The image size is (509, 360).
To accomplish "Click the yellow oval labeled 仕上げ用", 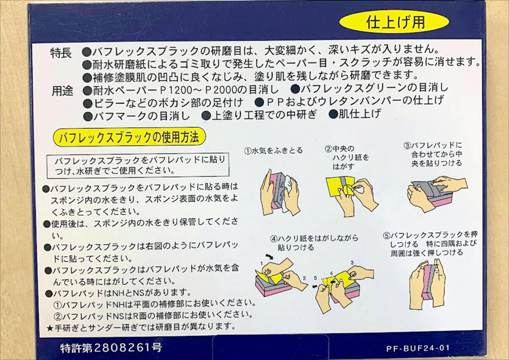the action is pos(394,22).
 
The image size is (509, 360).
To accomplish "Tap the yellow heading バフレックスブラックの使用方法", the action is pos(129,138).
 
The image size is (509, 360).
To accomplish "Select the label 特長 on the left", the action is pos(61,53).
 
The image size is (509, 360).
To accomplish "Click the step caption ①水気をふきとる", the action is pos(273,151).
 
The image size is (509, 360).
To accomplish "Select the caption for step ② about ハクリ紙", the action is pos(347,157).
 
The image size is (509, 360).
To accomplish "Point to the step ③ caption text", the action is pos(433,155).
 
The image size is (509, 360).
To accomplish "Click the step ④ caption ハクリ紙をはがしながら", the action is pos(314,243).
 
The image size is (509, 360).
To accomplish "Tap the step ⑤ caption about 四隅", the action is pos(430,244).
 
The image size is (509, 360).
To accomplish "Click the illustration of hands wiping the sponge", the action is pos(280,193).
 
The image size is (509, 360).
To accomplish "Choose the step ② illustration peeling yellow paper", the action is pos(352,194).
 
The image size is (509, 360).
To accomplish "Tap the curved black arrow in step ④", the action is pos(269,256).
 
